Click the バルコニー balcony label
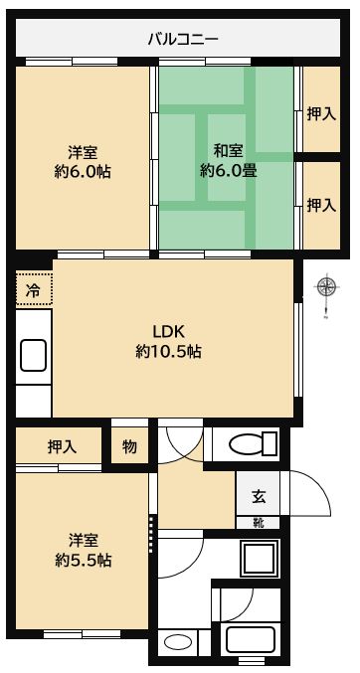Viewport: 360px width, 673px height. pos(183,40)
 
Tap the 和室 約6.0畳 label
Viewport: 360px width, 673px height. pos(229,161)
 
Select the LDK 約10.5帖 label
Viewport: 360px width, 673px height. pos(168,341)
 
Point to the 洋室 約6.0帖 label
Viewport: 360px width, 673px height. pos(83,162)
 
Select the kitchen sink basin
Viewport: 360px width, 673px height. pos(33,355)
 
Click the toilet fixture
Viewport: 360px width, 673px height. pos(253,443)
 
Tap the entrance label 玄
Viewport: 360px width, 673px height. pos(259,496)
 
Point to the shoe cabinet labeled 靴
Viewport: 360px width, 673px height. pos(259,523)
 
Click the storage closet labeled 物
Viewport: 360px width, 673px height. pos(129,446)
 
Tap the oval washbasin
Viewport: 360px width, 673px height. pos(177,643)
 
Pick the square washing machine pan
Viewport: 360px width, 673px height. pos(259,558)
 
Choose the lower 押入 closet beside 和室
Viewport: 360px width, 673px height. pos(322,205)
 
